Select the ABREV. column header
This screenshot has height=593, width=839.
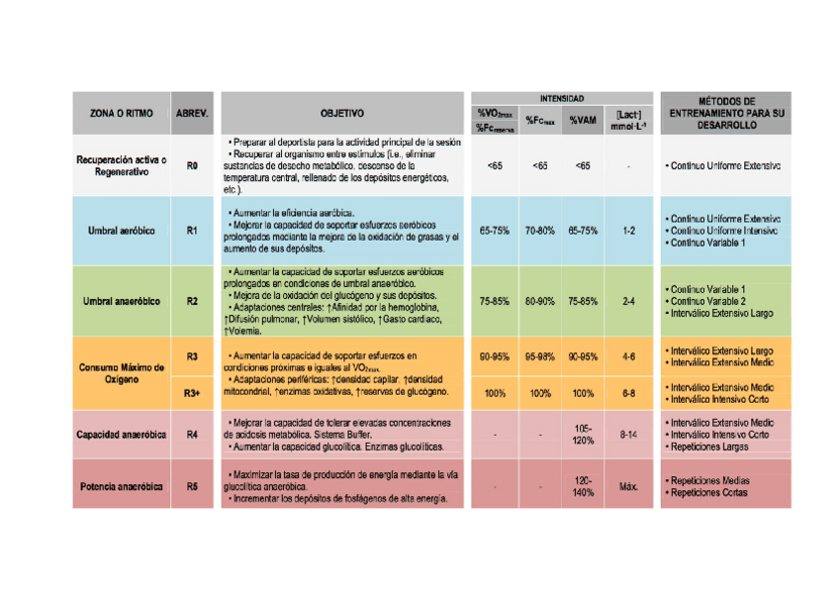tap(192, 114)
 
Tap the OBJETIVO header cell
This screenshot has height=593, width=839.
tap(342, 114)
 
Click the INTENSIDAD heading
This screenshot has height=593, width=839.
tap(561, 99)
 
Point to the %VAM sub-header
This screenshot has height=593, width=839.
tap(582, 121)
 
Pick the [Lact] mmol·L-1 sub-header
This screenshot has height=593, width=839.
tap(628, 121)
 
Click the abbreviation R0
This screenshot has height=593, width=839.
tap(192, 165)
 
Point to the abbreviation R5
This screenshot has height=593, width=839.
tap(192, 487)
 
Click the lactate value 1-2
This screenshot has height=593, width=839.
tap(628, 230)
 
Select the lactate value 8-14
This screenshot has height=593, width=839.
tap(628, 435)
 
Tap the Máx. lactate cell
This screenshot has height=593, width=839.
tap(628, 487)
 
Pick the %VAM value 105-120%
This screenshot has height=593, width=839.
tap(583, 435)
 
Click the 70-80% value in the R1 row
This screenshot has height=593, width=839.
tap(539, 230)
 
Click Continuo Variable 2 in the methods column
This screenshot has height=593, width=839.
tap(707, 301)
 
